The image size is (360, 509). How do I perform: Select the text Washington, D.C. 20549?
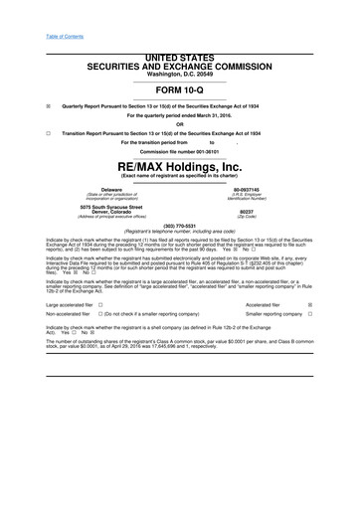pyautogui.click(x=179, y=74)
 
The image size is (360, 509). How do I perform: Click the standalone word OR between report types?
pyautogui.click(x=179, y=123)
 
